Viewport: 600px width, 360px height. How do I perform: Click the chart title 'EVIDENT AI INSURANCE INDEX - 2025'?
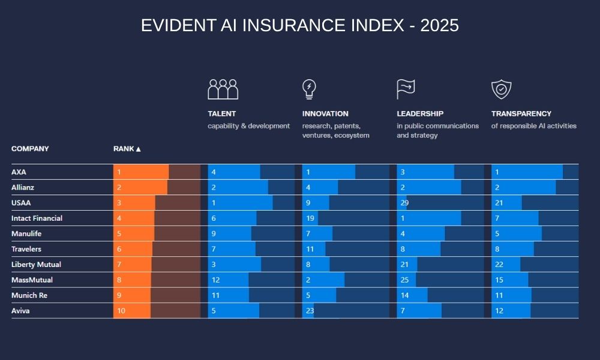(300, 25)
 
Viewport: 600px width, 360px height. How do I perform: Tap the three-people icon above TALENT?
(223, 89)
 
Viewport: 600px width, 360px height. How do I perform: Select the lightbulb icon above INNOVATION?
(309, 89)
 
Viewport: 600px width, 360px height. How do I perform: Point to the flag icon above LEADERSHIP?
(406, 89)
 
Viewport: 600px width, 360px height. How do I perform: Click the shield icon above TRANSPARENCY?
(501, 89)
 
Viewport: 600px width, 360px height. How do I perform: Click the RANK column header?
(127, 149)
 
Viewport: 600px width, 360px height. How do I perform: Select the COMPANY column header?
(30, 149)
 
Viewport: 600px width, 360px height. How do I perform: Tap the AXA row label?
(19, 172)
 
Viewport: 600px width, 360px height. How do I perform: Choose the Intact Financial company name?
(37, 218)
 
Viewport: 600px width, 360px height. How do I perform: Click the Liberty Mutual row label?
(36, 265)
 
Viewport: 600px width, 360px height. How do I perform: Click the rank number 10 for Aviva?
(121, 311)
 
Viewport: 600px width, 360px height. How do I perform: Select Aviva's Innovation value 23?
(310, 311)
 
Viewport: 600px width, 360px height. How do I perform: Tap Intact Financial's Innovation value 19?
(310, 218)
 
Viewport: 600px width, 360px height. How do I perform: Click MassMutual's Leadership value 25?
(404, 280)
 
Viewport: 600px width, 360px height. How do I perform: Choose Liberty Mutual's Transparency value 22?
(499, 265)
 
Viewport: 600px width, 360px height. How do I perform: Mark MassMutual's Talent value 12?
(215, 280)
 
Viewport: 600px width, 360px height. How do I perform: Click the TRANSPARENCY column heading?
(521, 113)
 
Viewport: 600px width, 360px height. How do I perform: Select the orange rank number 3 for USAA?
(119, 203)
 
